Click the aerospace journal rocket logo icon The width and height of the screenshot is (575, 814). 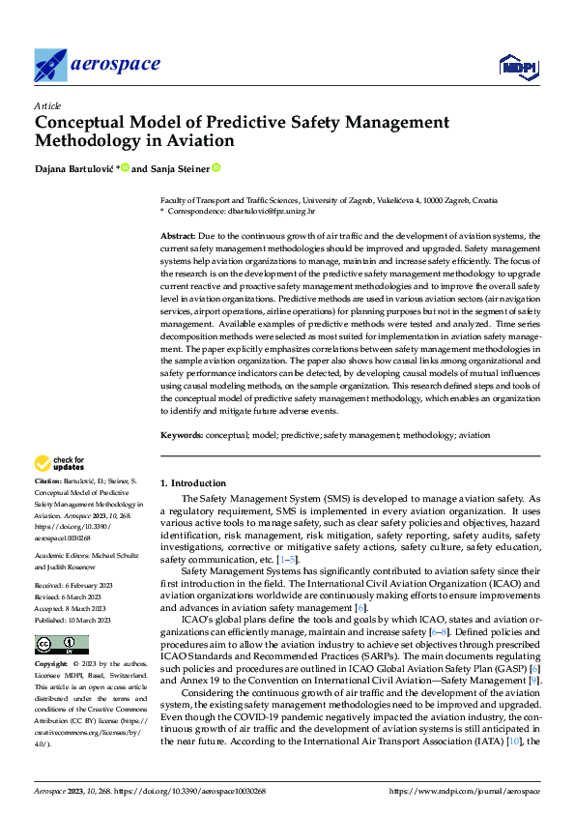[x=50, y=65]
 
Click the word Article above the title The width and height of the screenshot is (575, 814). [x=47, y=105]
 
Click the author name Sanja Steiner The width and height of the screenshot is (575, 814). [x=180, y=168]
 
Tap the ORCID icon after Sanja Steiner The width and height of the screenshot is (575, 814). [x=216, y=167]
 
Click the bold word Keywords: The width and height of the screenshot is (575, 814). [x=182, y=436]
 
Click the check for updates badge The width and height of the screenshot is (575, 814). [x=61, y=464]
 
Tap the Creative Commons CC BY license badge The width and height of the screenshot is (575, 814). [x=61, y=645]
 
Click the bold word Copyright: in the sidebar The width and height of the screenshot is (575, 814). [x=52, y=665]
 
